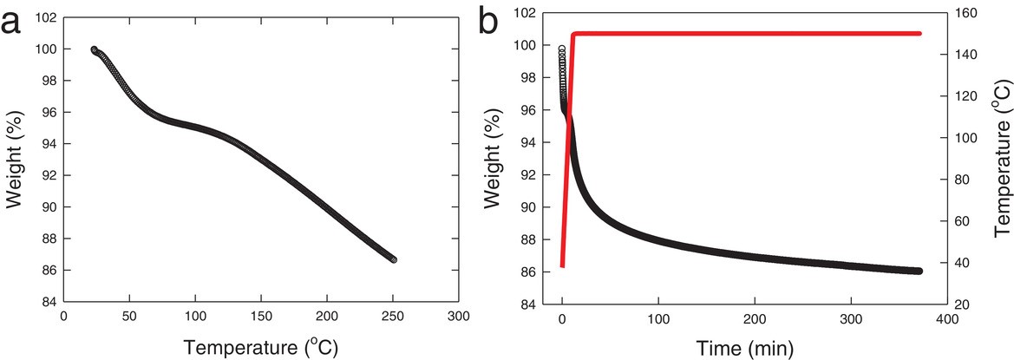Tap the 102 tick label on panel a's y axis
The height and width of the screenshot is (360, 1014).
pyautogui.click(x=45, y=18)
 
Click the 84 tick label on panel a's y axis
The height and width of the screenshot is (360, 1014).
pyautogui.click(x=49, y=302)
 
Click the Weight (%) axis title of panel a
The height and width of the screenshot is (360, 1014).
pyautogui.click(x=14, y=160)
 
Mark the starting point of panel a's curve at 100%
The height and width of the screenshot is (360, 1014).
pyautogui.click(x=94, y=49)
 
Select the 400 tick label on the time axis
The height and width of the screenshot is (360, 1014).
pyautogui.click(x=947, y=318)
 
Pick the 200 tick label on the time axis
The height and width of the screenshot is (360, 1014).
pyautogui.click(x=755, y=318)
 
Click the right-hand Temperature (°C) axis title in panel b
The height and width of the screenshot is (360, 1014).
pyautogui.click(x=1003, y=160)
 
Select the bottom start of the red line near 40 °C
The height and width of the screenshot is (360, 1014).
pyautogui.click(x=562, y=265)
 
